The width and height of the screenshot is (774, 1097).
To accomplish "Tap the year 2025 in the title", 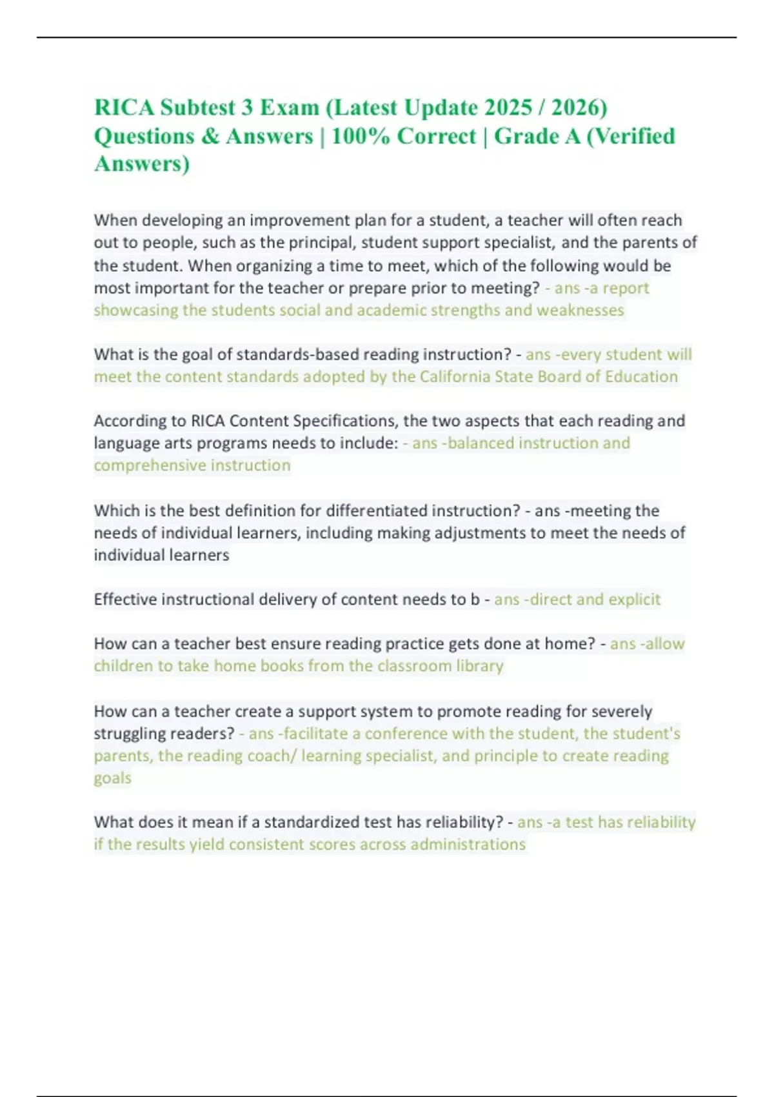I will coord(508,107).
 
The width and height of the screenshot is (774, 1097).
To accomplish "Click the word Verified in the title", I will coord(630,136).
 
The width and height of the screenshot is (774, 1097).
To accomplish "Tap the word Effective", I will coord(125,599).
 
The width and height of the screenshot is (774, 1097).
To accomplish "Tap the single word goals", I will coord(112,778).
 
